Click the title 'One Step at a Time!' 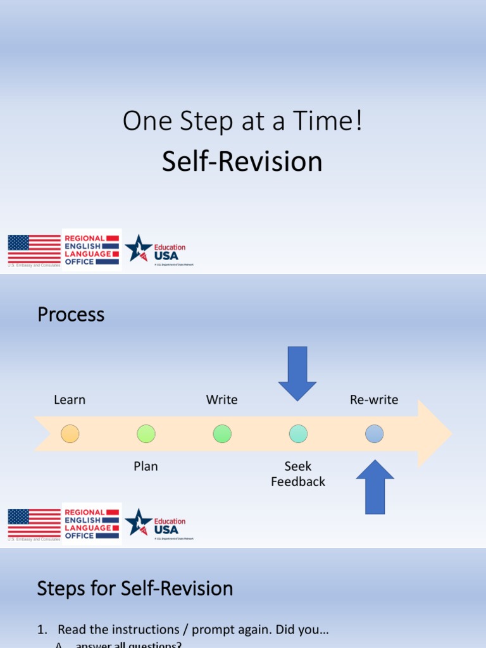coord(242,121)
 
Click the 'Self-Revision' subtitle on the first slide coord(242,161)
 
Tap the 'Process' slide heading coord(71,315)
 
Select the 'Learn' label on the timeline coord(70,400)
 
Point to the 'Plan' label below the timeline coord(146,466)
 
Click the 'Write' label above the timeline coord(221,400)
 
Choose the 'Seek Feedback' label coord(298,474)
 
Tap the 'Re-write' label coord(374,400)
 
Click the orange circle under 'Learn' coord(70,433)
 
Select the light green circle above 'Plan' coord(146,433)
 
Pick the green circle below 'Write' coord(222,433)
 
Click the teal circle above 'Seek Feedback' coord(298,433)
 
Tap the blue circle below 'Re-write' coord(374,433)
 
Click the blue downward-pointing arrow coord(297,373)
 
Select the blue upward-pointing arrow coord(375,487)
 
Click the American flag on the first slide coord(34,249)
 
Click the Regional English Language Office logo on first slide coord(92,249)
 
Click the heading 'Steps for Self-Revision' coord(135,589)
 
